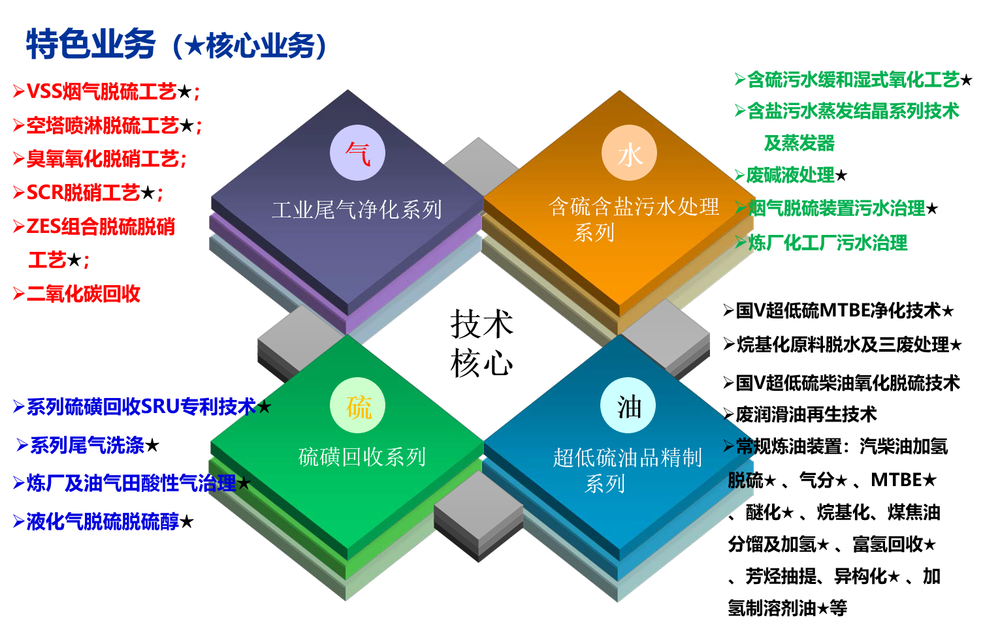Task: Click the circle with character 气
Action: [x=357, y=153]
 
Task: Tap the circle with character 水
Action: [x=629, y=153]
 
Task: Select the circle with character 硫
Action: [x=357, y=406]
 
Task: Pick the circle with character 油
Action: [x=628, y=406]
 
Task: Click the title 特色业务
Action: [x=91, y=44]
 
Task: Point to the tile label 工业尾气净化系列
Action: [x=357, y=210]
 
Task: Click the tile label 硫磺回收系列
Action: [x=362, y=457]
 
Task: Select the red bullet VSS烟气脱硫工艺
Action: [x=102, y=91]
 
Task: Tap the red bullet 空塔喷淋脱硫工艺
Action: [x=103, y=125]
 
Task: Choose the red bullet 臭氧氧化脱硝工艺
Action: [x=106, y=159]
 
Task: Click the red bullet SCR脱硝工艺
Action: [x=84, y=192]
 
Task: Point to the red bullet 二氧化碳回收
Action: [x=84, y=294]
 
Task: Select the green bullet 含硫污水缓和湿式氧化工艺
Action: [x=852, y=80]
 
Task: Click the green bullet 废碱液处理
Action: [x=790, y=175]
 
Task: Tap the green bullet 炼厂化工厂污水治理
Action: [x=828, y=243]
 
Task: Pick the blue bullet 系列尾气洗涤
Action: [x=87, y=445]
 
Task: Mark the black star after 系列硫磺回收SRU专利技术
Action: [x=264, y=407]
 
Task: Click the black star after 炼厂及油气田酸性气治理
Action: [x=244, y=483]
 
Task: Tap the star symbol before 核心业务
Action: [x=195, y=46]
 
